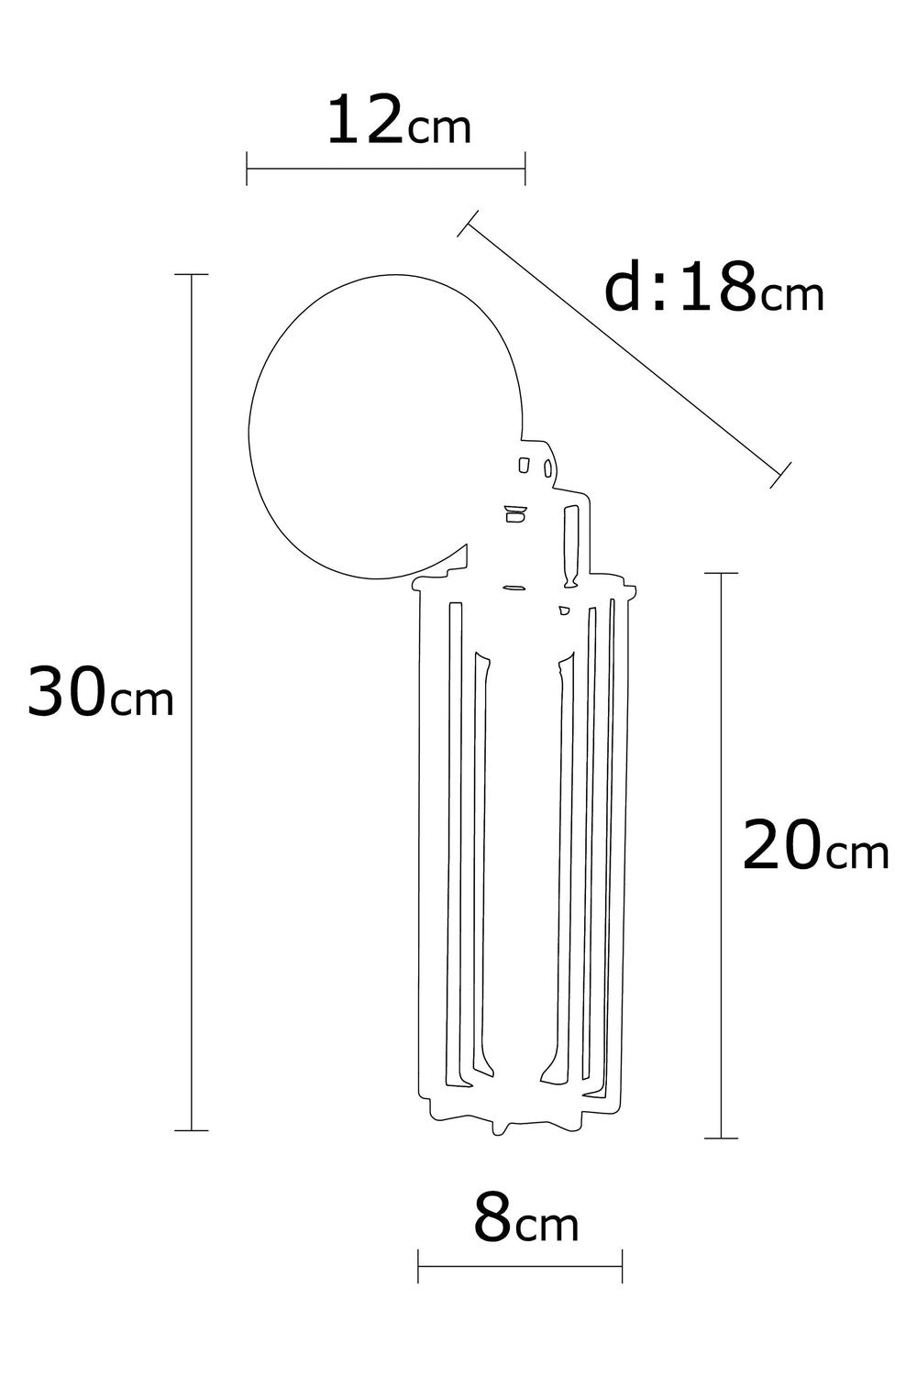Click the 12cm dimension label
[399, 122]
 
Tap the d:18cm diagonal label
[713, 287]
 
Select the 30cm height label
[101, 692]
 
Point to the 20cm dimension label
[815, 845]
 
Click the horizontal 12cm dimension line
[386, 168]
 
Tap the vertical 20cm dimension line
[721, 855]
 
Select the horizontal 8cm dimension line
[520, 1266]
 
